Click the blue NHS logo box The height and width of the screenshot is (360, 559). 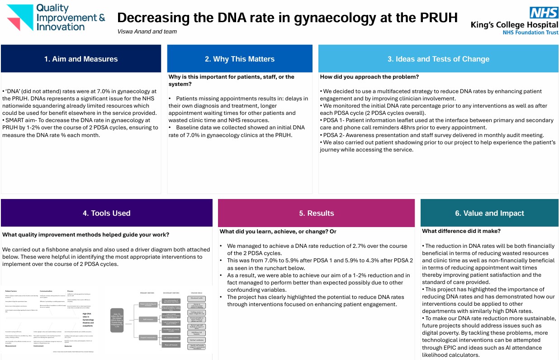[544, 13]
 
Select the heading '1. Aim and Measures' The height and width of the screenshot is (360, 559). [81, 59]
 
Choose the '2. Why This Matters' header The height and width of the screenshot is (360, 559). [240, 59]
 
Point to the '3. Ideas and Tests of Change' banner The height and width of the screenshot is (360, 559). [438, 59]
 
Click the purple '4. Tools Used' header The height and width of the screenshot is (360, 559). [106, 213]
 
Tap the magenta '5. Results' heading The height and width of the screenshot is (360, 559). [316, 213]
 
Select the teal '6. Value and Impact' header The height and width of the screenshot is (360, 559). [489, 213]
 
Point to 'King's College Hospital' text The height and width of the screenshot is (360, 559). [514, 25]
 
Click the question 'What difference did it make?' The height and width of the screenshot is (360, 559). [461, 231]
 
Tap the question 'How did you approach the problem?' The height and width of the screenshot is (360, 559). [370, 77]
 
